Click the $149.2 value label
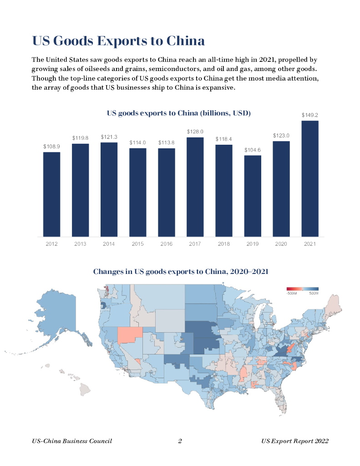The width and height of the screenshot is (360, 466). point(310,115)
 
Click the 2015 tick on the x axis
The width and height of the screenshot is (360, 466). point(137,244)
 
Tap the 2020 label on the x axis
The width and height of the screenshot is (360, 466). point(281,244)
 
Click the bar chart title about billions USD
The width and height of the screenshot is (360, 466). point(179,113)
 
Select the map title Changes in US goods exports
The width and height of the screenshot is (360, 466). point(181,272)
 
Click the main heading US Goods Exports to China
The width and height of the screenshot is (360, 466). point(118,41)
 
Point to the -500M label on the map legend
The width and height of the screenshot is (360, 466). point(292,294)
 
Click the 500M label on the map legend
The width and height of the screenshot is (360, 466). point(314,294)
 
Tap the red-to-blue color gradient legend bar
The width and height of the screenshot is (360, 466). point(302,289)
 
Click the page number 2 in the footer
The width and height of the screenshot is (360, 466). point(180,441)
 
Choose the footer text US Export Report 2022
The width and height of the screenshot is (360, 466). point(295,441)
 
